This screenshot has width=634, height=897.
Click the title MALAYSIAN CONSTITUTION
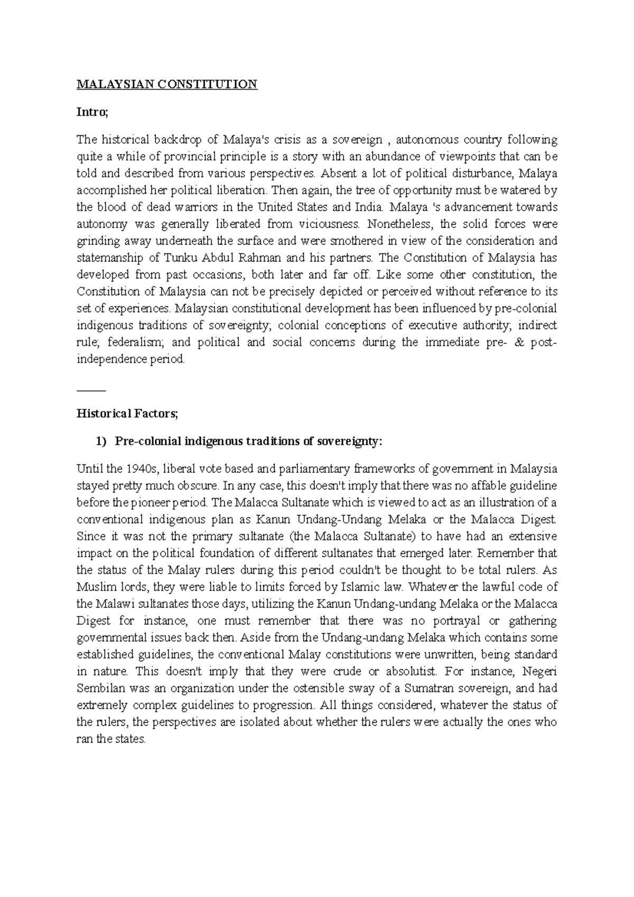pyautogui.click(x=167, y=85)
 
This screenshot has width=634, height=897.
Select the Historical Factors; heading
pyautogui.click(x=127, y=414)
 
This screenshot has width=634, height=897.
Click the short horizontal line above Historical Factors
pyautogui.click(x=91, y=390)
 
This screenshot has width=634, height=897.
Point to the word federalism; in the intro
pyautogui.click(x=137, y=343)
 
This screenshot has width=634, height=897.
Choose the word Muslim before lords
pyautogui.click(x=94, y=587)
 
